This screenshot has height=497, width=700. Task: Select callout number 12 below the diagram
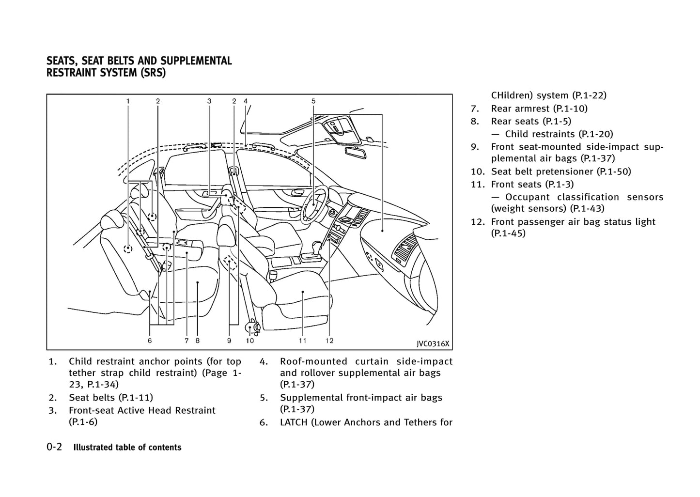point(329,341)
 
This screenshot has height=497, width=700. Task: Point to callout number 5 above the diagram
point(313,101)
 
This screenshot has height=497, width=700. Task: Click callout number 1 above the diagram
point(128,101)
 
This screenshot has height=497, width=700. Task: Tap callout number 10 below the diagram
point(249,341)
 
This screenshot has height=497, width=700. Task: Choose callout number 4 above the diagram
point(246,101)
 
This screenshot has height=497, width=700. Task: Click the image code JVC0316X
point(433,344)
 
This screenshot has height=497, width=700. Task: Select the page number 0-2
point(54,447)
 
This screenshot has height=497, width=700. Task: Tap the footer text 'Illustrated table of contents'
point(127,448)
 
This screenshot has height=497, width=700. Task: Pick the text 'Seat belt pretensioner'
point(542,171)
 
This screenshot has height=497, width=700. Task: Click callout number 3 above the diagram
point(209,101)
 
